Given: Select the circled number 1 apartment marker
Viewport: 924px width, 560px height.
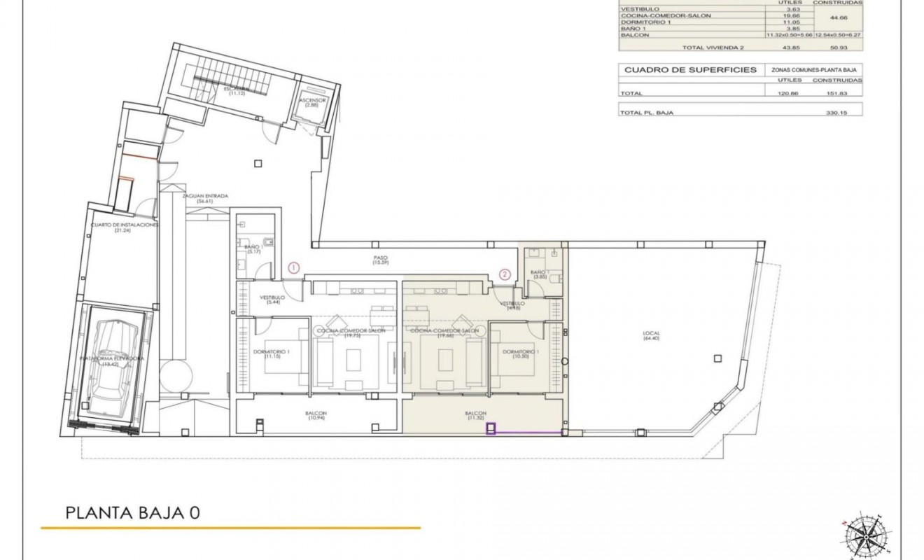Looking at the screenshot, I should click(x=295, y=267).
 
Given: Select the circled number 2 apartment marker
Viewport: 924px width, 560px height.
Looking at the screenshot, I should click(x=503, y=273).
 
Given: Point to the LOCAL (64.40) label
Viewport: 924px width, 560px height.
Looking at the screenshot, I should click(x=652, y=335).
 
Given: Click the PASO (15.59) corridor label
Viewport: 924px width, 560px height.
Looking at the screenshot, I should click(x=380, y=260).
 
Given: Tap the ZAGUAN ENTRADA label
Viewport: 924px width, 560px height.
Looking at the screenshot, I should click(x=205, y=199).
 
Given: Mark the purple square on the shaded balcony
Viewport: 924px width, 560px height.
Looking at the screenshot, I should click(x=491, y=429).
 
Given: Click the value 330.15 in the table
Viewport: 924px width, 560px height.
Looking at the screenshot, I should click(x=836, y=112).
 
